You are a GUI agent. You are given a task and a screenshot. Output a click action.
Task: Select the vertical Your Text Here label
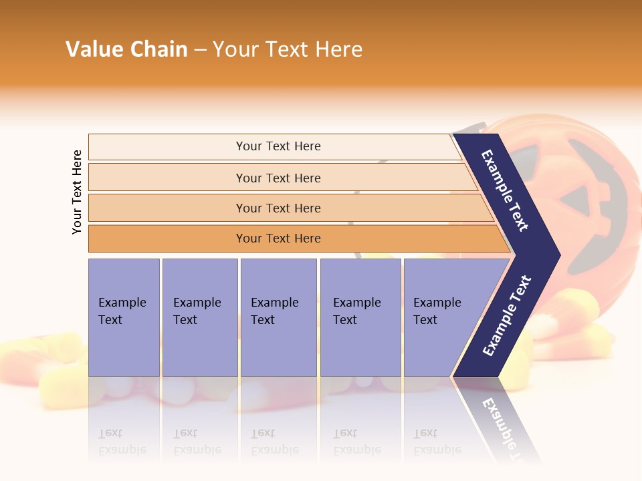pyautogui.click(x=77, y=192)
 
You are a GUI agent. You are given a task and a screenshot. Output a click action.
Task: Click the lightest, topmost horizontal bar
pyautogui.click(x=278, y=146)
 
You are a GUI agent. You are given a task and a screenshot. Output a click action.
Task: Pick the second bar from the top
pyautogui.click(x=278, y=178)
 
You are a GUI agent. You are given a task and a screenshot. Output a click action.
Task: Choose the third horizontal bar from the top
pyautogui.click(x=278, y=208)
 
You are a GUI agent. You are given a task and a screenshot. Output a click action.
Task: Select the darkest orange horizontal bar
pyautogui.click(x=278, y=238)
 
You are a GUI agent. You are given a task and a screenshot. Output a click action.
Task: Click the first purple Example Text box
pyautogui.click(x=124, y=317)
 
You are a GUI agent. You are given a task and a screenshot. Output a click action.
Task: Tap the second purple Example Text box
pyautogui.click(x=199, y=317)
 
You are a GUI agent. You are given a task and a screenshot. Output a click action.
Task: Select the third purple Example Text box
pyautogui.click(x=278, y=317)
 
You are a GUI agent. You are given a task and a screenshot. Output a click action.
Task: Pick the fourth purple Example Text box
pyautogui.click(x=360, y=317)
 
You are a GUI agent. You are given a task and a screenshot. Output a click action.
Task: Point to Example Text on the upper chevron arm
pyautogui.click(x=505, y=190)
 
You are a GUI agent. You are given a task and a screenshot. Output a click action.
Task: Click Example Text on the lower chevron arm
pyautogui.click(x=507, y=315)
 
